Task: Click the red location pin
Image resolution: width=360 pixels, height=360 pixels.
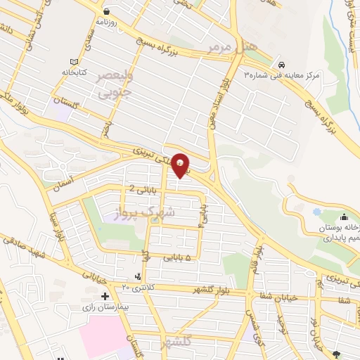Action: [181, 165]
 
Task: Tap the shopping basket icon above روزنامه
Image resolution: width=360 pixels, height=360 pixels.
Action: [105, 11]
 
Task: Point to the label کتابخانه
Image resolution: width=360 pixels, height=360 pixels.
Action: [72, 72]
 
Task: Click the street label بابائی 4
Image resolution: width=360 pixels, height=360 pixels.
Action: [203, 216]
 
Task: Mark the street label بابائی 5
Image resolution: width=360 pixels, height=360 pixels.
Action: [177, 258]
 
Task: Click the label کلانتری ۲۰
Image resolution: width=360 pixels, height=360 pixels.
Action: [136, 286]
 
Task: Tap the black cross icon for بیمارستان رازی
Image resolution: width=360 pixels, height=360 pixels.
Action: [104, 296]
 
